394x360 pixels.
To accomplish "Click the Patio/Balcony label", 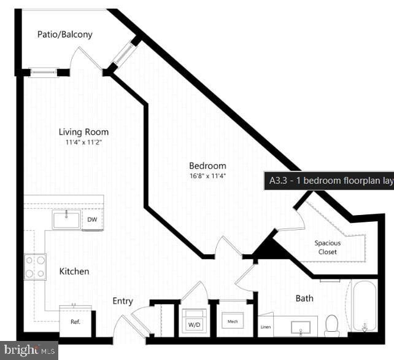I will click(x=65, y=34).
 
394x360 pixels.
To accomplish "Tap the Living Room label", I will click(x=83, y=132).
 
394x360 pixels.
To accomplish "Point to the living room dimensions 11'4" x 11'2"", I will click(x=83, y=143).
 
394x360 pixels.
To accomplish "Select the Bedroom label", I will click(x=207, y=166).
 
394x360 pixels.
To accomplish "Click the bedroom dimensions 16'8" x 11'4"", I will click(x=207, y=176).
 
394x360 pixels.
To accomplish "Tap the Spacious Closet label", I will click(x=328, y=247).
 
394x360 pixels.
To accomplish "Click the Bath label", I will click(x=304, y=299).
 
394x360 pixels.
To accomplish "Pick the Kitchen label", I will click(x=74, y=271).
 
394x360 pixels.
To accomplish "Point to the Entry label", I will click(x=123, y=301).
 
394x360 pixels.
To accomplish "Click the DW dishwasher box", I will click(x=93, y=220).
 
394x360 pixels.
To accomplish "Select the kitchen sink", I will click(x=66, y=219).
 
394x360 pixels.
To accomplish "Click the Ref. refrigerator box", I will click(x=75, y=320).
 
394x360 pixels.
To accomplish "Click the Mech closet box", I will click(x=233, y=321).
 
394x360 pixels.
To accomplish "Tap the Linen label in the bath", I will click(x=265, y=327).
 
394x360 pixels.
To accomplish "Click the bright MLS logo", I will click(x=29, y=351).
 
